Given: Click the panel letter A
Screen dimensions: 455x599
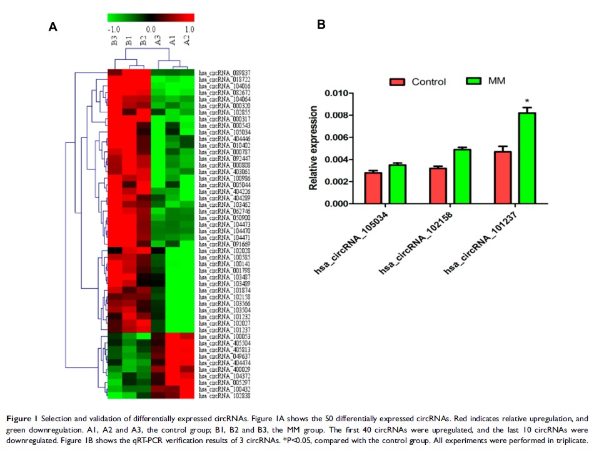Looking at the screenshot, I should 53,26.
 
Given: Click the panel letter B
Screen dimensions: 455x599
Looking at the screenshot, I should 321,25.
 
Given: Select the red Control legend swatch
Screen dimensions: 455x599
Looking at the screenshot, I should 398,82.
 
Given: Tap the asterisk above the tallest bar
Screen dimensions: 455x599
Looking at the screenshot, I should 527,101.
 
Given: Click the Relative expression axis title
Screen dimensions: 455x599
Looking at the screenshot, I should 314,149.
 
